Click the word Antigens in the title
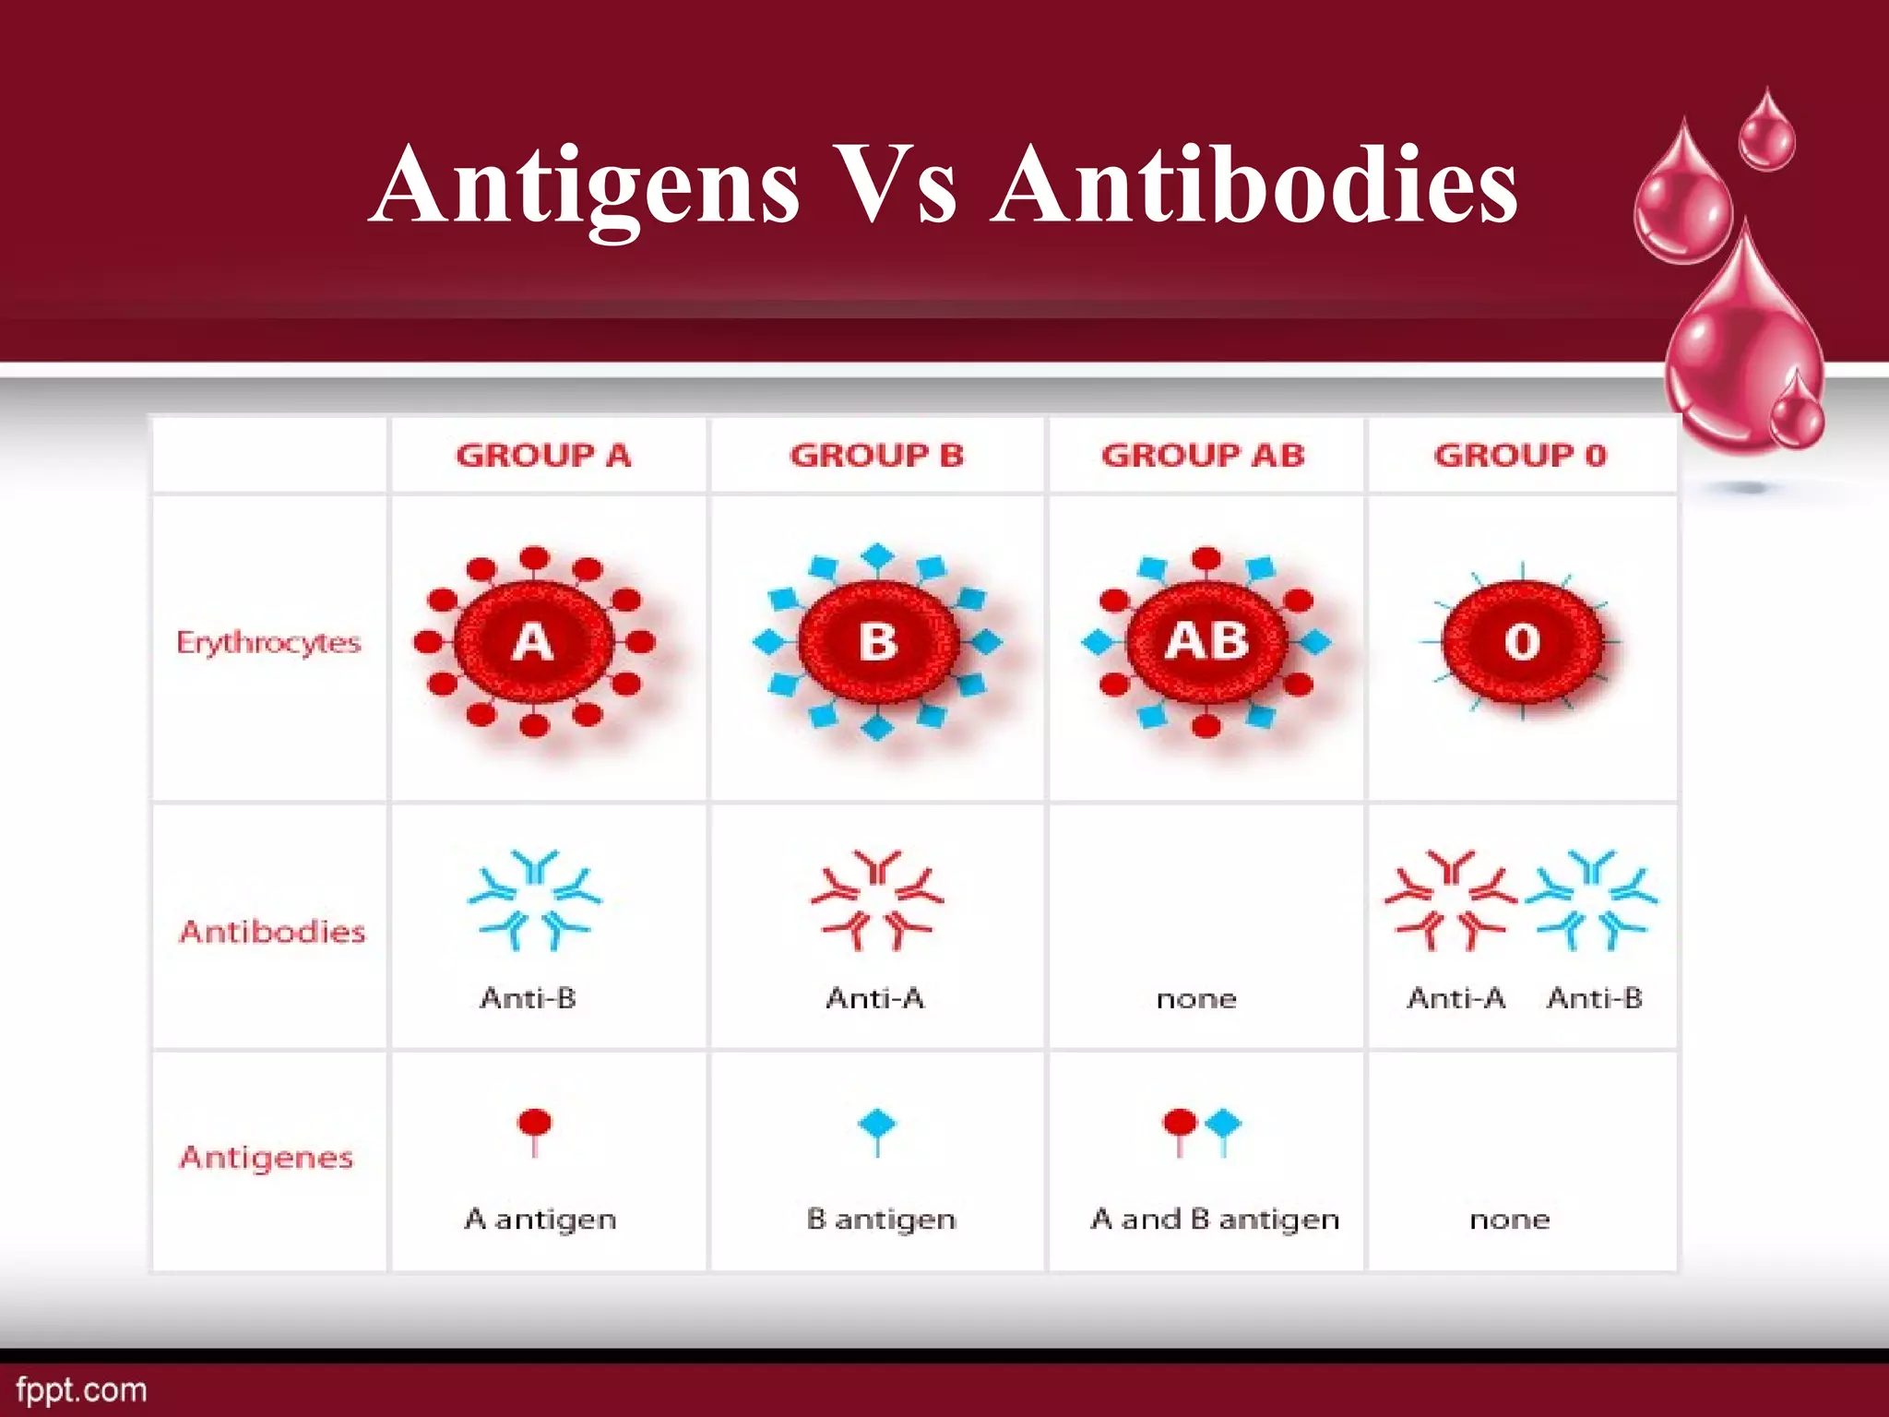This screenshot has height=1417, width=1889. coord(588,186)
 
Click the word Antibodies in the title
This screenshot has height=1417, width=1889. coord(1254,186)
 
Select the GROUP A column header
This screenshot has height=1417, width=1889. coord(543,456)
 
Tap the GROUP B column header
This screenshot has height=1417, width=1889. coord(876,456)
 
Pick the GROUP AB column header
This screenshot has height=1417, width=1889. coord(1203,456)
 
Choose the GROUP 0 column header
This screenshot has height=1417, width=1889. coord(1520,456)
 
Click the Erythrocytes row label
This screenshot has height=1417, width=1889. coord(268,643)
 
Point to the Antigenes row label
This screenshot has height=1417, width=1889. coord(267,1157)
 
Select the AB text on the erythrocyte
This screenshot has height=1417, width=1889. coord(1206,641)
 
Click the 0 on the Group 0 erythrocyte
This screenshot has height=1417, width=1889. coord(1522,642)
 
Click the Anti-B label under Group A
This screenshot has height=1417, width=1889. coord(529,998)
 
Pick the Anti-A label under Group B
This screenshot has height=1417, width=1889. coord(874,998)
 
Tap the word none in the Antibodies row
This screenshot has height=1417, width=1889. coord(1196,999)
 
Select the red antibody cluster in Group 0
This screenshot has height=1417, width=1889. coord(1450,899)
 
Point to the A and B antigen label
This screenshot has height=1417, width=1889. coord(1214,1220)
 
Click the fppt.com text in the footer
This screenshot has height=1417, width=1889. coord(81,1390)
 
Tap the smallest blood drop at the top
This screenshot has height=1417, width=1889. coord(1767,131)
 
